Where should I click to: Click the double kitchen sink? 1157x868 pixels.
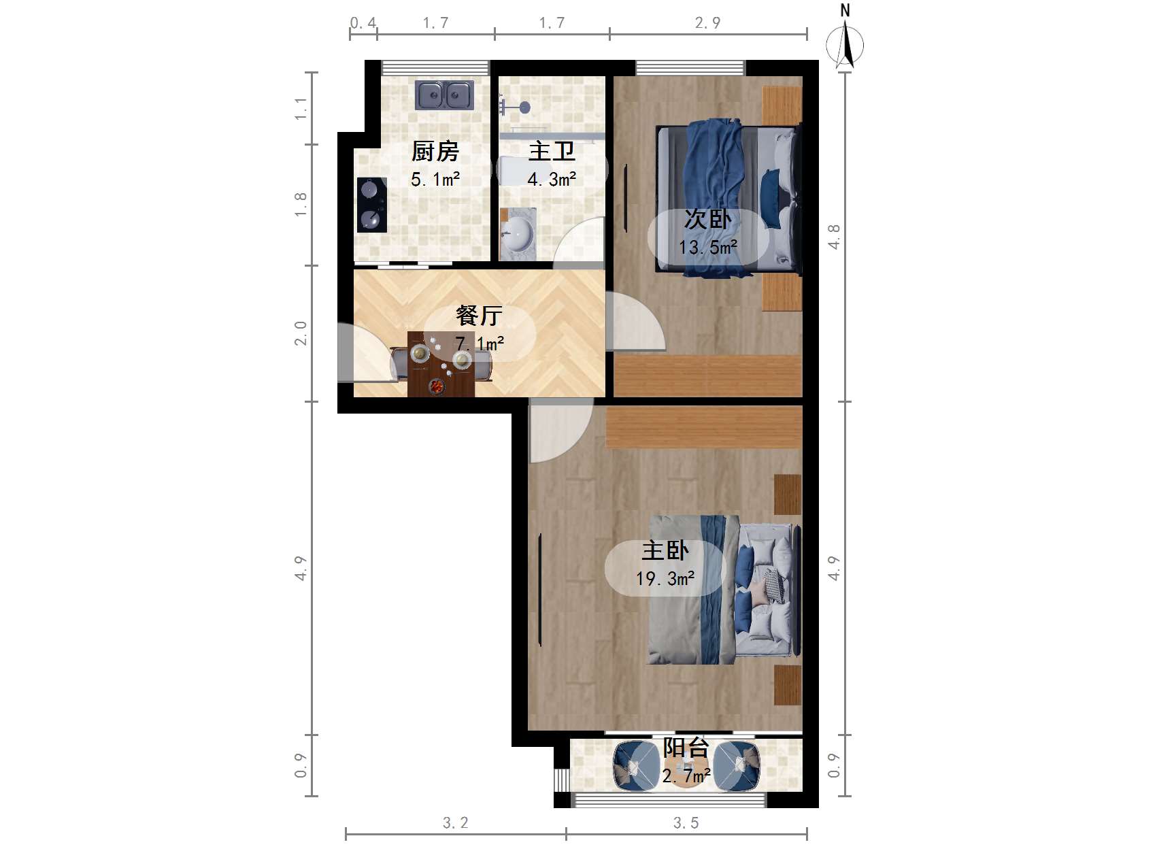coord(444,95)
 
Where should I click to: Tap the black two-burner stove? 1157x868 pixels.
coord(371,204)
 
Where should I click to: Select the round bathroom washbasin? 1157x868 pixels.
coord(518,235)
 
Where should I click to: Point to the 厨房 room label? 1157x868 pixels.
coord(435,151)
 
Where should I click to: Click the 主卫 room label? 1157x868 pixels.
coord(552,151)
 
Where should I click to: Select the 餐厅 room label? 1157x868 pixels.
coord(479,315)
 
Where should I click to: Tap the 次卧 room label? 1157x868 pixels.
coord(707,219)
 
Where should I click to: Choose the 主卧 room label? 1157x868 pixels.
coord(665,550)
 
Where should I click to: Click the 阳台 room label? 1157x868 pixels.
coord(686,748)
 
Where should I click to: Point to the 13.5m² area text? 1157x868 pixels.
coord(707,248)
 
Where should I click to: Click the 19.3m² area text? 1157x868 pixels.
coord(665,579)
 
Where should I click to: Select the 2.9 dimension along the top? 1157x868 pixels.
coord(707,23)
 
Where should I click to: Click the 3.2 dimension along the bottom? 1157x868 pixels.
coord(455,823)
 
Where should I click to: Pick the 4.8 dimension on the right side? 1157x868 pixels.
coord(835,237)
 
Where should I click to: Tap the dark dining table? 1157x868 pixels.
coord(441,364)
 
